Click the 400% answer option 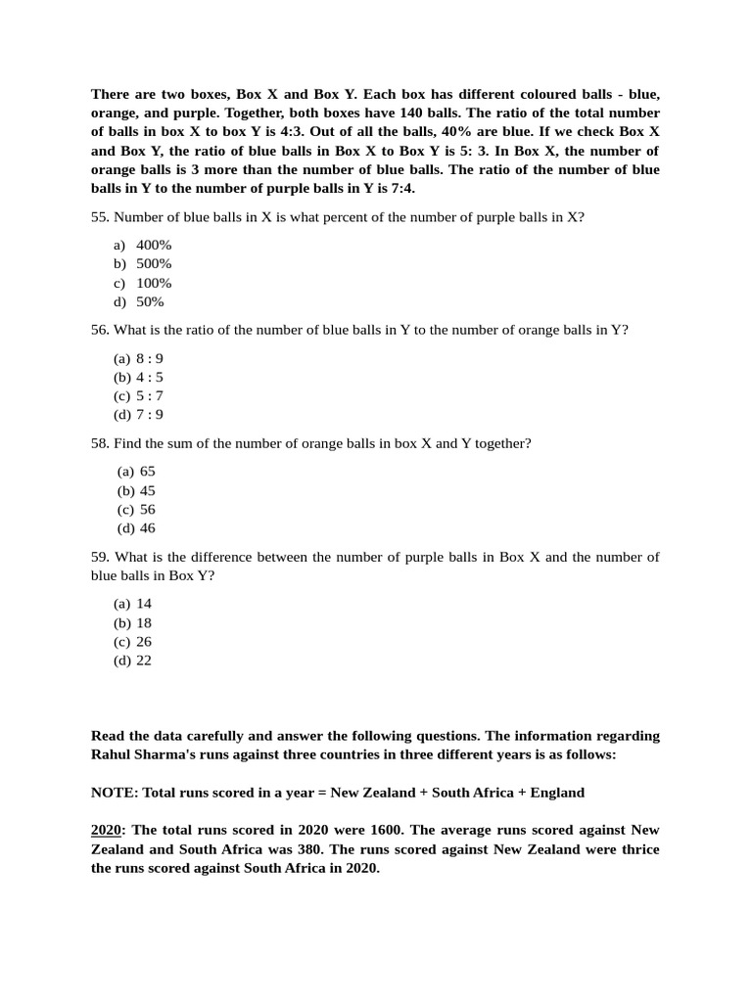click(154, 245)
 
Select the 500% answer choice click(154, 264)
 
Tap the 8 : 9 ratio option click(150, 358)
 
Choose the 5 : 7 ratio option click(150, 396)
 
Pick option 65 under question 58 click(148, 472)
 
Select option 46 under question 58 click(148, 528)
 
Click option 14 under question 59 click(144, 604)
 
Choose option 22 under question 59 click(144, 660)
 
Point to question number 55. click(100, 217)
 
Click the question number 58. click(100, 443)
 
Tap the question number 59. click(100, 557)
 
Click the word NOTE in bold click(114, 793)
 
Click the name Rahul click(114, 754)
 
